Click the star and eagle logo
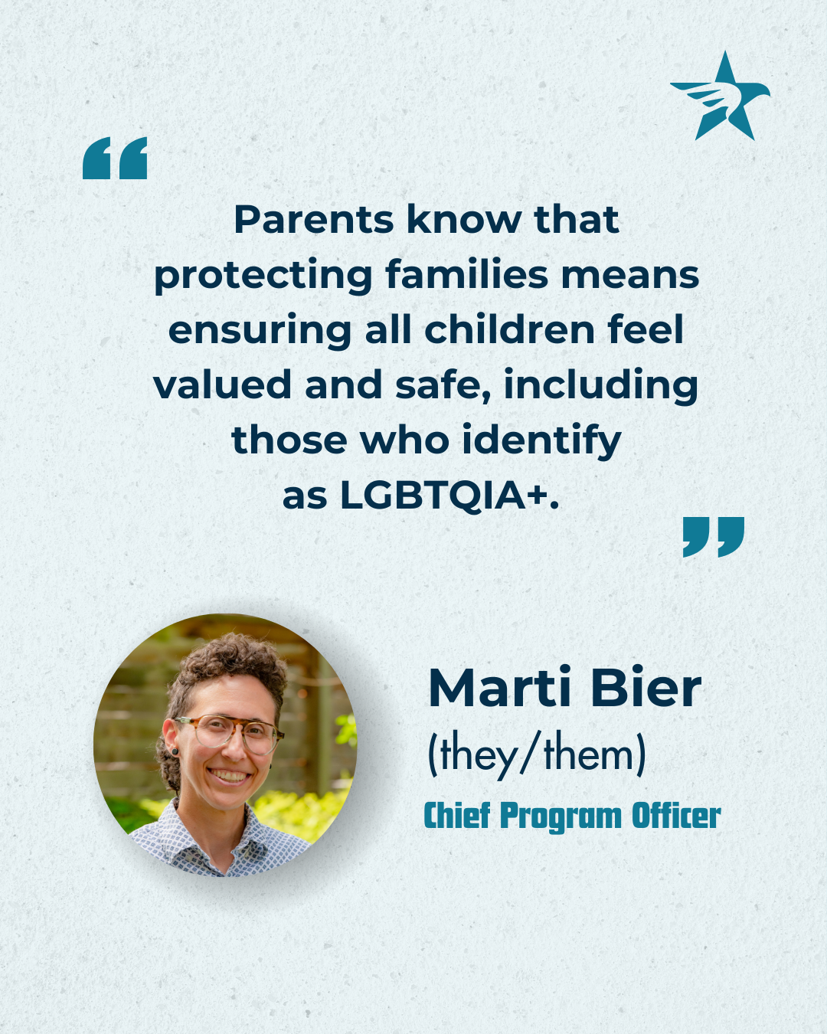pos(721,96)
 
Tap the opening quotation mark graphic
pos(115,158)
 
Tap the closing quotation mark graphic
pos(714,537)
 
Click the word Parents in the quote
pos(314,220)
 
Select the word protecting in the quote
pos(263,277)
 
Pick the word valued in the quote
pos(223,384)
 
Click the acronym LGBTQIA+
pos(450,495)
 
